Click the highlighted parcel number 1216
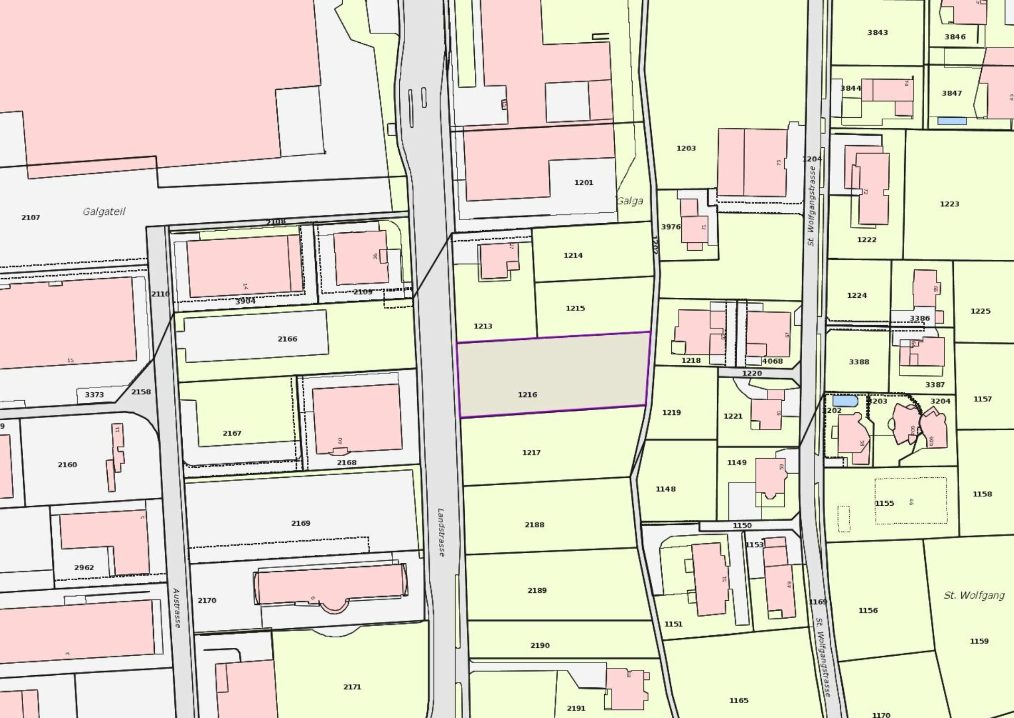(x=527, y=394)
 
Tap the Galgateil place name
(x=104, y=211)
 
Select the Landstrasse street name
(x=441, y=532)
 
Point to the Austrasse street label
(x=176, y=608)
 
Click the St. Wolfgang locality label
(x=974, y=595)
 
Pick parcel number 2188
(x=534, y=524)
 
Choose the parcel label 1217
(x=531, y=452)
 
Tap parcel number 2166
(x=287, y=339)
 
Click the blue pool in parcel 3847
(x=952, y=121)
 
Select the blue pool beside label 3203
(x=844, y=400)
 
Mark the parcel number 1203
(x=686, y=148)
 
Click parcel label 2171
(x=352, y=687)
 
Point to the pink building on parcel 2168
(x=357, y=418)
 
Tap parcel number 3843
(x=877, y=33)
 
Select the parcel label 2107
(x=31, y=218)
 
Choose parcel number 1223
(x=950, y=204)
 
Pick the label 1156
(x=868, y=610)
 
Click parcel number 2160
(x=67, y=465)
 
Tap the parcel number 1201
(x=584, y=183)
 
